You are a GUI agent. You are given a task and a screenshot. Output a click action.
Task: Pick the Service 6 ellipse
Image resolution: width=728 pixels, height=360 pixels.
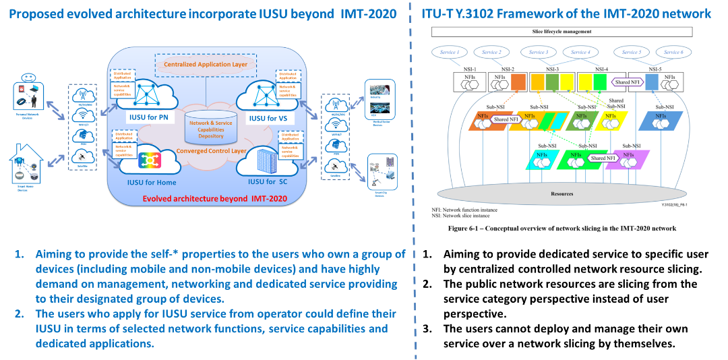tap(671, 52)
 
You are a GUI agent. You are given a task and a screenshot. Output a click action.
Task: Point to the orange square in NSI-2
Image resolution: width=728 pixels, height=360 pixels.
tap(519, 82)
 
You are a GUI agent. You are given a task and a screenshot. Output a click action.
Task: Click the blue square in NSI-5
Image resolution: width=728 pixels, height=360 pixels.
tap(652, 82)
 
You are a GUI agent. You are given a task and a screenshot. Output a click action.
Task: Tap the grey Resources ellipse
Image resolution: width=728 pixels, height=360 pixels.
tap(562, 193)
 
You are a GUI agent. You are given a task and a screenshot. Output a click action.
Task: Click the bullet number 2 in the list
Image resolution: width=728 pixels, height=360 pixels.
tap(21, 314)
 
